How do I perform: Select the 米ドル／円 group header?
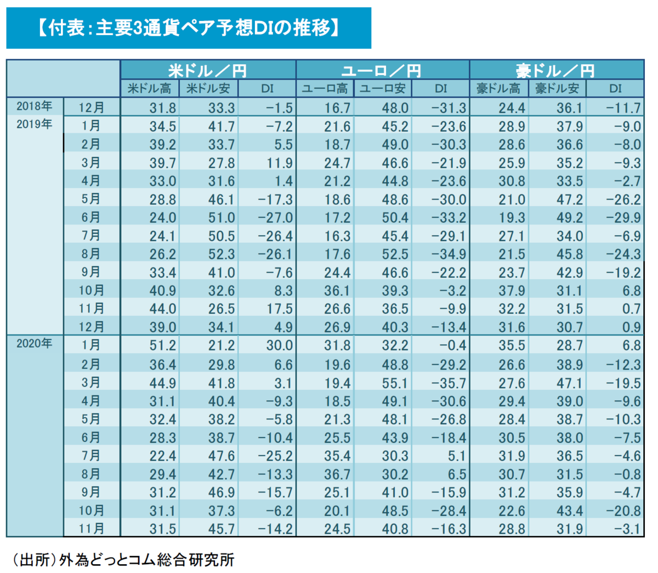[208, 70]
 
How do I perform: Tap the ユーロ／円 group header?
[382, 70]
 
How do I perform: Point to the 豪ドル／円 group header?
[556, 70]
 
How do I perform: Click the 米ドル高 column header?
[149, 88]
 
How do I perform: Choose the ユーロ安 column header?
[382, 88]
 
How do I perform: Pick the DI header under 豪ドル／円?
[615, 88]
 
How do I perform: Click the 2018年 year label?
[34, 106]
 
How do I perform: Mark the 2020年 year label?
[34, 344]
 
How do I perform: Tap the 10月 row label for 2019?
[91, 290]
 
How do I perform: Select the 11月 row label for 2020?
[91, 528]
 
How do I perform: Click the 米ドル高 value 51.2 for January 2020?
[163, 346]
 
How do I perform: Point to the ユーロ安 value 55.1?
[395, 383]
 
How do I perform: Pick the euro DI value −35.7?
[449, 383]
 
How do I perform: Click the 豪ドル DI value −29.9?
[623, 218]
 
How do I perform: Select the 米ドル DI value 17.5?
[280, 309]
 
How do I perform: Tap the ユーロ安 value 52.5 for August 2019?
[395, 254]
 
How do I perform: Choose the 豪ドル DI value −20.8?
[623, 511]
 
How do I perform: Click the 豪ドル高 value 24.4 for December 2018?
[512, 108]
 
